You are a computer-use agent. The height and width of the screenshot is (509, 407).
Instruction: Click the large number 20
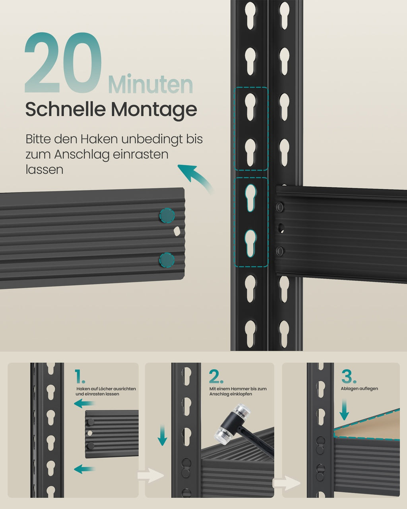[x=63, y=63]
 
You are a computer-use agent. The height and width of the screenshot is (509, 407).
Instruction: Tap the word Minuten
[x=151, y=84]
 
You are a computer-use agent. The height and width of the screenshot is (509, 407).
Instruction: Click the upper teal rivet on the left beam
[x=167, y=216]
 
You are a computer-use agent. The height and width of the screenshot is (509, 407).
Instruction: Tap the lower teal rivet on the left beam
[x=167, y=260]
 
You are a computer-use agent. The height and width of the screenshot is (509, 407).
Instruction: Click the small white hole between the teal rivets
[x=177, y=231]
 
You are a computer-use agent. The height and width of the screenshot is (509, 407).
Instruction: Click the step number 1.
[x=80, y=377]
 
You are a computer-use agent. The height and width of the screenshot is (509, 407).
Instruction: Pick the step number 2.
[x=216, y=377]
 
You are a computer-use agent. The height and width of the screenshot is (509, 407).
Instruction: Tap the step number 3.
[x=349, y=377]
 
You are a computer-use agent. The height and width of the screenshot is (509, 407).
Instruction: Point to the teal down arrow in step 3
[x=344, y=410]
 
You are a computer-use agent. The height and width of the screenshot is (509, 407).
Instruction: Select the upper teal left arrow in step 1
[x=84, y=404]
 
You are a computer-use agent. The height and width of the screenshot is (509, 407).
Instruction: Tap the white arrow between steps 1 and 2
[x=151, y=476]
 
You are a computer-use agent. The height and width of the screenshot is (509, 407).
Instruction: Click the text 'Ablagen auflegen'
[x=359, y=389]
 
